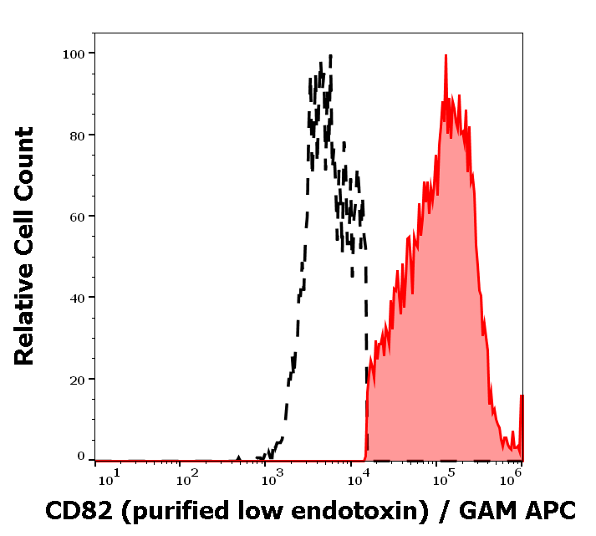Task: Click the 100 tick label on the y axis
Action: [x=74, y=54]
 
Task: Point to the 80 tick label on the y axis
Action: [x=77, y=135]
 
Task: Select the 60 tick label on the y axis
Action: [x=77, y=216]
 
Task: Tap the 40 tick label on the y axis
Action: [x=77, y=297]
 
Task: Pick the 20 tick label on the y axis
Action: [x=77, y=379]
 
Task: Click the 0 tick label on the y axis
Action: [x=81, y=457]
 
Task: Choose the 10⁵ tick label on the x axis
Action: [x=442, y=477]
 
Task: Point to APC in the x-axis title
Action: [x=549, y=510]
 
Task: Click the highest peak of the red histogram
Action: [x=446, y=56]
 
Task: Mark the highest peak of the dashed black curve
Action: [x=330, y=56]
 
